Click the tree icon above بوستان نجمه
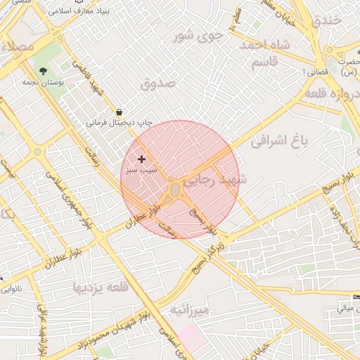point(44,71)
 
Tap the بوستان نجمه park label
point(60,82)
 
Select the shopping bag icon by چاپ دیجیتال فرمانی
point(118,112)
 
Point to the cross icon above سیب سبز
point(141,160)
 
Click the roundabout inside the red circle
point(175,190)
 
